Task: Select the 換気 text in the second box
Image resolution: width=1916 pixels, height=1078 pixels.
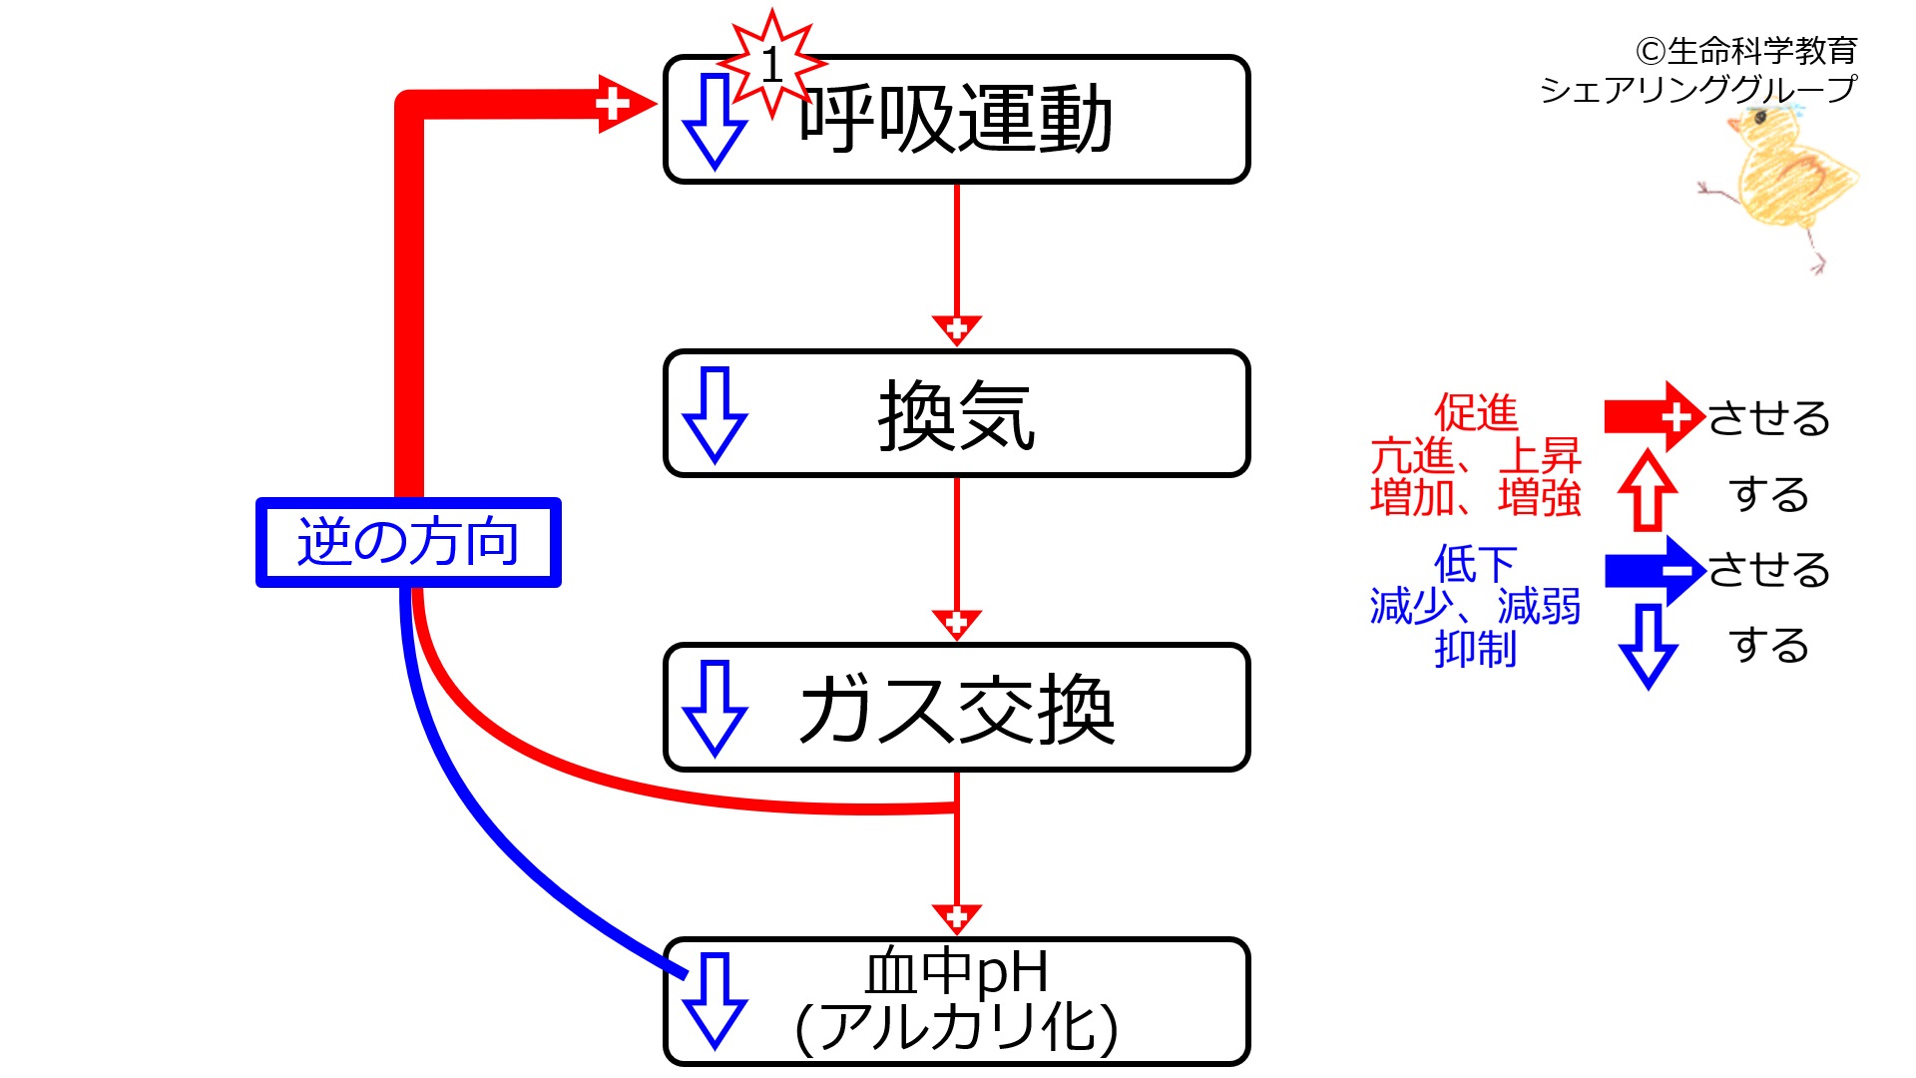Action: point(956,415)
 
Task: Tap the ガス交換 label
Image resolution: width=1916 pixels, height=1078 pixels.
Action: point(956,710)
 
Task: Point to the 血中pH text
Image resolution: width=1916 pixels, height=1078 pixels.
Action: point(956,971)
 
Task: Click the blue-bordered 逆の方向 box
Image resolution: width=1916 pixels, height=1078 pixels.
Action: point(408,542)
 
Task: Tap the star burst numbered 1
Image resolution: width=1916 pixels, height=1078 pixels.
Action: point(771,65)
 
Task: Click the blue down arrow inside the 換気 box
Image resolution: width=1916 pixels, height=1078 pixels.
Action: point(715,414)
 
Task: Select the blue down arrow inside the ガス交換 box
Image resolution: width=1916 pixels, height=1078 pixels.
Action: point(715,708)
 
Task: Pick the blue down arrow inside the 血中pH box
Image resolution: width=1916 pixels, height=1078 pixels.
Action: point(715,1000)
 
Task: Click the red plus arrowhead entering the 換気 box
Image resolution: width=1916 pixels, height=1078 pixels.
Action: point(956,328)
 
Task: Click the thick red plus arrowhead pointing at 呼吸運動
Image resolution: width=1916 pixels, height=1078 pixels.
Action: point(621,103)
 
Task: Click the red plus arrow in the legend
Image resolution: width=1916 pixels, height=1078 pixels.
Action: point(1653,416)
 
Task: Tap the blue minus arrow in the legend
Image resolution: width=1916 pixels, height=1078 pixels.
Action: point(1653,570)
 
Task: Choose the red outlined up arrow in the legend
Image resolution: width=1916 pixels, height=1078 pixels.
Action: point(1648,490)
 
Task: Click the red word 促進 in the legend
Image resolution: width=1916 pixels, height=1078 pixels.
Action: point(1475,412)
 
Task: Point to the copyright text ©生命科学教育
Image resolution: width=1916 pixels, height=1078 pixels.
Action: point(1745,50)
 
